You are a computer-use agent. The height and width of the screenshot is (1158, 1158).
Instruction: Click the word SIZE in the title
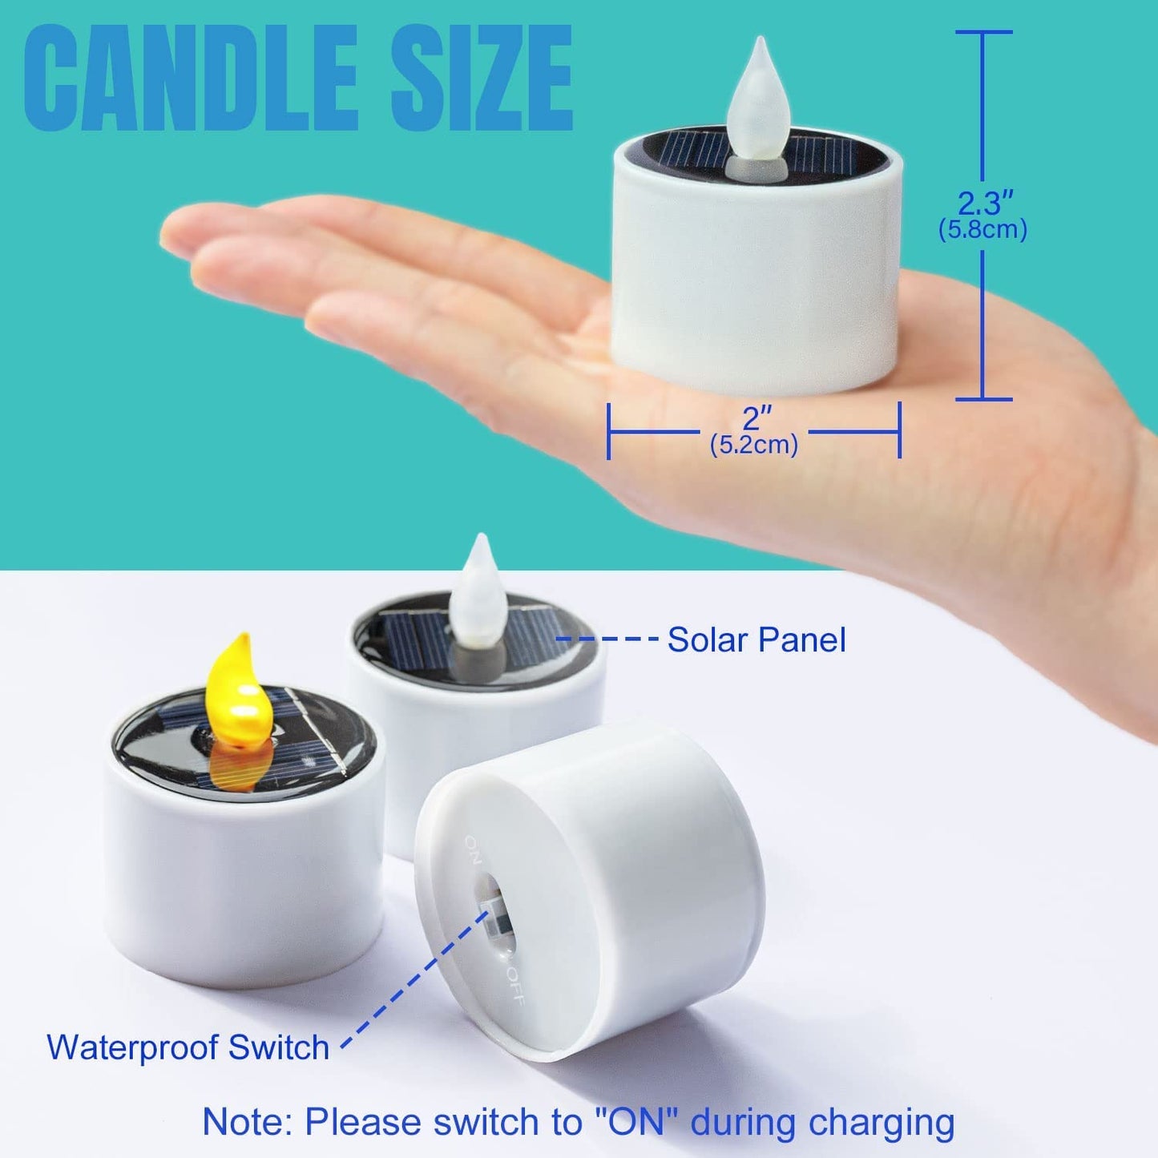[x=482, y=78]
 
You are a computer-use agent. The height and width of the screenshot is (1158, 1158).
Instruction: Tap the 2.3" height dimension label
[x=983, y=203]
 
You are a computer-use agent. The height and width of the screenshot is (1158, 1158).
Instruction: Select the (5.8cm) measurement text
[x=982, y=230]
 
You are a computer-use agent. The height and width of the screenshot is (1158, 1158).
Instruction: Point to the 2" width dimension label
[x=754, y=418]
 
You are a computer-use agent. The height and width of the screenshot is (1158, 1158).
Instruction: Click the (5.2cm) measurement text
[x=754, y=444]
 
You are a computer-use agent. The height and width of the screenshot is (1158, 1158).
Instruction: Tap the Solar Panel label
[x=757, y=640]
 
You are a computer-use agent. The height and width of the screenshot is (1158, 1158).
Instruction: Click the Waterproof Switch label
[x=188, y=1047]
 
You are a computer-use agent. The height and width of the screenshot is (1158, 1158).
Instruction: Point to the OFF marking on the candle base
[x=515, y=986]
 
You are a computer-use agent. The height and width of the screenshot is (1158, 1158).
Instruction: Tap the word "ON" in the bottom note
[x=638, y=1122]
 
